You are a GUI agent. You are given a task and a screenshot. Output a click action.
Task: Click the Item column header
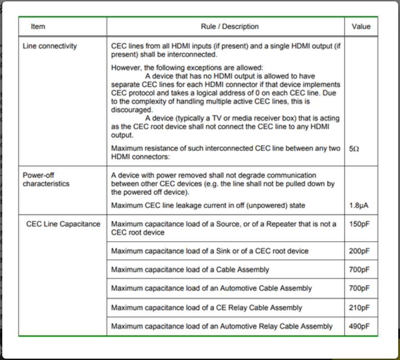click(x=38, y=27)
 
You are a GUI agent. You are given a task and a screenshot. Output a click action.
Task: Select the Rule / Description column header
click(x=230, y=27)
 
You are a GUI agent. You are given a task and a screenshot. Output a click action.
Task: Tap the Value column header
click(x=361, y=27)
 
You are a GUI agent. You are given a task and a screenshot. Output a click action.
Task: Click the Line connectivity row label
click(x=49, y=46)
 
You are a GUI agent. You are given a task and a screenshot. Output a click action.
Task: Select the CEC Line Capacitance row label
click(x=63, y=224)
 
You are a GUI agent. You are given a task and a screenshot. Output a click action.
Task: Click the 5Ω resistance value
click(x=354, y=149)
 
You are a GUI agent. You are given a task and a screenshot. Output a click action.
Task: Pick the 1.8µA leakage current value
click(x=360, y=205)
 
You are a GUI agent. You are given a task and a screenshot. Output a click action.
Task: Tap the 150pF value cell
click(x=359, y=224)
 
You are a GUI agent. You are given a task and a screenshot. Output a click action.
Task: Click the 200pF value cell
click(x=359, y=251)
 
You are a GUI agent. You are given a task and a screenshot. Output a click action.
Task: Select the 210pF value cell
click(x=359, y=308)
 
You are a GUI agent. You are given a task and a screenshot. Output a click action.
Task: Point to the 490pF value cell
click(x=359, y=326)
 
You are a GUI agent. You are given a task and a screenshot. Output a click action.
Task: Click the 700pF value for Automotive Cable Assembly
click(x=359, y=288)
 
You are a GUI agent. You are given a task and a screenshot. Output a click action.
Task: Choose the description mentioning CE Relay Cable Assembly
click(x=206, y=308)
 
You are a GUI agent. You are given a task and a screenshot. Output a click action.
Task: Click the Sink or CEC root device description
click(x=209, y=251)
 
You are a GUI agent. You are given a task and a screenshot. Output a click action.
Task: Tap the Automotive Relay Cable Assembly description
click(x=222, y=326)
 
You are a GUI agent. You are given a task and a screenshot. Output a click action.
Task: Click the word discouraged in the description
click(x=132, y=110)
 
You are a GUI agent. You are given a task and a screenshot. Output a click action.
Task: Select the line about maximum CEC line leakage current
click(x=208, y=205)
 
